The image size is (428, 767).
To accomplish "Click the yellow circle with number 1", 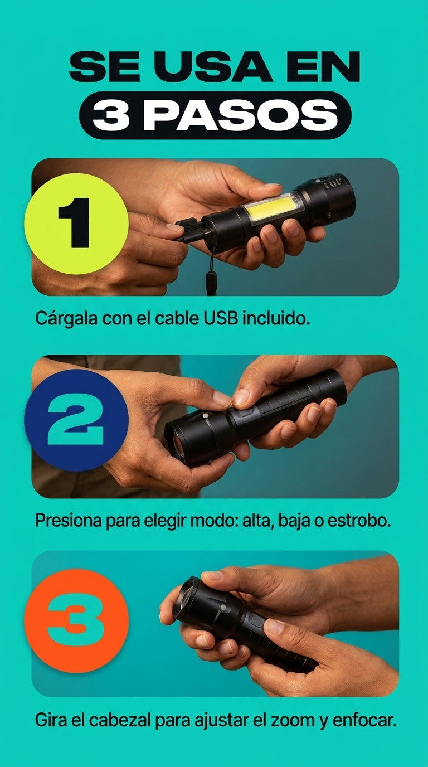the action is pyautogui.click(x=76, y=224).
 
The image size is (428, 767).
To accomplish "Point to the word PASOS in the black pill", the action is pyautogui.click(x=240, y=115).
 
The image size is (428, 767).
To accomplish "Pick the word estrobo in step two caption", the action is pyautogui.click(x=359, y=521).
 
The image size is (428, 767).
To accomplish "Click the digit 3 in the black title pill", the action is pyautogui.click(x=111, y=115).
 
